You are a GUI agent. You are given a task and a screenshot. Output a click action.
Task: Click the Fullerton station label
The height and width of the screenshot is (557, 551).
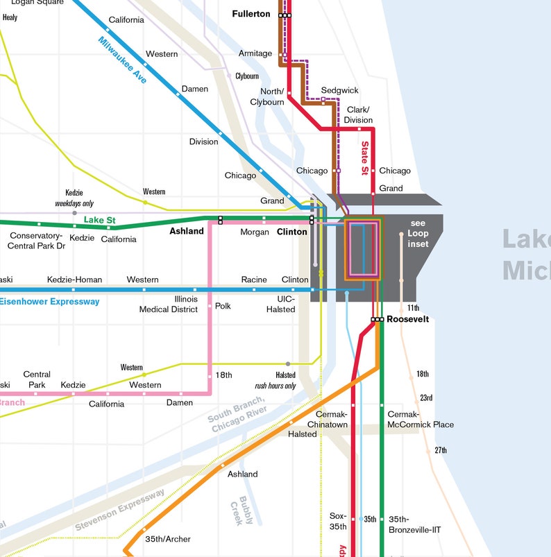251,14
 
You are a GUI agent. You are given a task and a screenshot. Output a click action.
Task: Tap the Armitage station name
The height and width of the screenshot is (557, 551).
255,53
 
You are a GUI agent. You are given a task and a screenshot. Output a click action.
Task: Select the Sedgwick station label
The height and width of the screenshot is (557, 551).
339,91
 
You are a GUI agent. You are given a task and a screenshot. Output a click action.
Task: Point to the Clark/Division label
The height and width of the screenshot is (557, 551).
358,115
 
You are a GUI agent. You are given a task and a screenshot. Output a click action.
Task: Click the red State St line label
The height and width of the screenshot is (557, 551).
365,158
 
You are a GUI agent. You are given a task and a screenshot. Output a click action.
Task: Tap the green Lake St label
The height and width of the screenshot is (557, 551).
99,220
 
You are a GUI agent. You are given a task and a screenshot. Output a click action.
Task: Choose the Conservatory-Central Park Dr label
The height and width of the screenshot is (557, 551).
37,241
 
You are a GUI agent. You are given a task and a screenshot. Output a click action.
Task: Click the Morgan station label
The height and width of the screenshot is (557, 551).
255,232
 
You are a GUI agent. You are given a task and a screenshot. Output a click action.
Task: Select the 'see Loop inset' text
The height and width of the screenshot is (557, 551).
418,234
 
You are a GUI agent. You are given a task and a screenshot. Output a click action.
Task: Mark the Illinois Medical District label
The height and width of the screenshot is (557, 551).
169,305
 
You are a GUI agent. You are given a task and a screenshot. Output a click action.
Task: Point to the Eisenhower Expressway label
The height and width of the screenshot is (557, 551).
49,302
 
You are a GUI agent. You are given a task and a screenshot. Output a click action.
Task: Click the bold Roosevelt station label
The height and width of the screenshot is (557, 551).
407,320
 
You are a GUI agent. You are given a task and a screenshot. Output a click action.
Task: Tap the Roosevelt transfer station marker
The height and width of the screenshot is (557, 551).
378,320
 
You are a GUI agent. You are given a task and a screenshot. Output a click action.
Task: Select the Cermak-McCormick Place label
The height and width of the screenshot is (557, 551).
421,419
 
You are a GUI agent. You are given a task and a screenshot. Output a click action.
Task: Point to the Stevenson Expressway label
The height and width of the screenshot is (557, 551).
120,511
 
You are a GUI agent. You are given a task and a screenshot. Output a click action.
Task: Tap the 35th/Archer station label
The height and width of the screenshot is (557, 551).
167,539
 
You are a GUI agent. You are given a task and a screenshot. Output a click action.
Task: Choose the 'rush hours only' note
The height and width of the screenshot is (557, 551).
275,386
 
